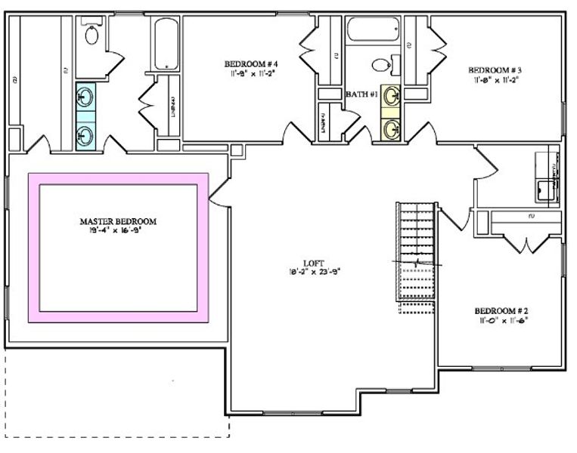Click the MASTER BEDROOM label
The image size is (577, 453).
tap(118, 221)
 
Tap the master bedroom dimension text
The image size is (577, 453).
tap(118, 230)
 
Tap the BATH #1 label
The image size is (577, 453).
tap(361, 94)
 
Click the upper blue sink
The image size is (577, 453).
tap(85, 97)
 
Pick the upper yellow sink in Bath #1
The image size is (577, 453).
tap(392, 97)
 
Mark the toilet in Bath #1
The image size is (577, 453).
tap(383, 66)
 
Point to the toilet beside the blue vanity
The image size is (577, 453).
tap(92, 34)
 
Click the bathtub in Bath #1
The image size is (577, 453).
tap(372, 29)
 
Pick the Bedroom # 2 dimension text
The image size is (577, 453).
tap(500, 320)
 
